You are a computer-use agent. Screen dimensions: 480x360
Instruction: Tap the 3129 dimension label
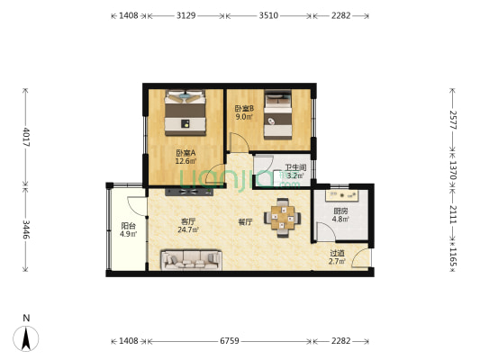coord(186,15)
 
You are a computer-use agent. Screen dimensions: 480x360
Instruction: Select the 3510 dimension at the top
coord(268,15)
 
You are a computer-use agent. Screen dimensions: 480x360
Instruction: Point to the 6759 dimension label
coord(230,341)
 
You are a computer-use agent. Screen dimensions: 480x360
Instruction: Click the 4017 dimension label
coord(26,137)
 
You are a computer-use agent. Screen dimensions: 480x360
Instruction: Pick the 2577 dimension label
coord(453,120)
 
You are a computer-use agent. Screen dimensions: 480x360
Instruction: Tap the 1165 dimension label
coord(453,256)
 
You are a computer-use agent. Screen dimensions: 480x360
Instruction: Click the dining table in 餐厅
coord(282,218)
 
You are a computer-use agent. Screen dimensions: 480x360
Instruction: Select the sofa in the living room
coord(191,260)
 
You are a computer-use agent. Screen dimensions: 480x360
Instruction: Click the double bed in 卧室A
coord(186,112)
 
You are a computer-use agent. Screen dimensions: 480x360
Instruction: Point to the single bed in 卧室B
coord(278,114)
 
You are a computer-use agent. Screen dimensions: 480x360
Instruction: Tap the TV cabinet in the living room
coord(189,192)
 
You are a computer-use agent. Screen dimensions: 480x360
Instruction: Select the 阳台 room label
coord(128,226)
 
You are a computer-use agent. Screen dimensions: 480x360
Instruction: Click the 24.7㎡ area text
coord(188,229)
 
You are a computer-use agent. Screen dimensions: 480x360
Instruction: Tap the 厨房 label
coord(340,211)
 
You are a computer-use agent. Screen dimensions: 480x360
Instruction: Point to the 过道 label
coord(337,253)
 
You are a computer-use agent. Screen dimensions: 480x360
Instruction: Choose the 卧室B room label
coord(245,108)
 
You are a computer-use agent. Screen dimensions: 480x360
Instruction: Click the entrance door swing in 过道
coord(361,258)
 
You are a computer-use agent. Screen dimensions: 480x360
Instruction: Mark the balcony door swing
coord(136,206)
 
